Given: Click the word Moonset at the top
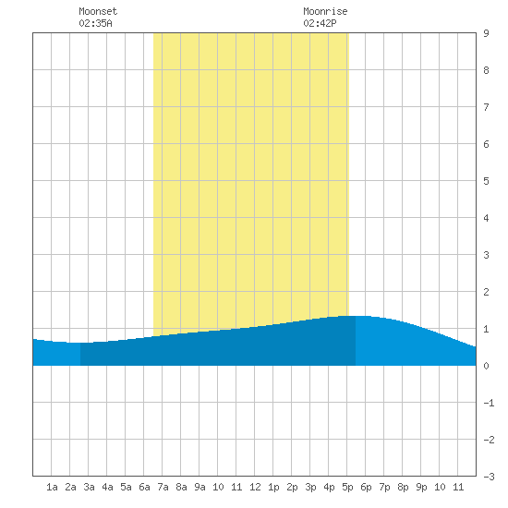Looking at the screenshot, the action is [98, 11].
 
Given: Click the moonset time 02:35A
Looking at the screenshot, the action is [95, 23].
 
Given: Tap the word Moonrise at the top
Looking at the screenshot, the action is [325, 11].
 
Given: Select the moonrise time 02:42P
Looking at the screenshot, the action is [321, 23].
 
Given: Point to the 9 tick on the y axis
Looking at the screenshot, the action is [486, 33].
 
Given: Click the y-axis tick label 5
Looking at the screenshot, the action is [486, 181].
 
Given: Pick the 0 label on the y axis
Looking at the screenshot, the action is [486, 366].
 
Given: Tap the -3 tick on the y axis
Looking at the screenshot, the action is [489, 477].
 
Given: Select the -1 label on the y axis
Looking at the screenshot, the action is [489, 403].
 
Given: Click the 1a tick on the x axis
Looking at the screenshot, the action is [52, 487].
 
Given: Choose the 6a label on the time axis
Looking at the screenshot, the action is [144, 487].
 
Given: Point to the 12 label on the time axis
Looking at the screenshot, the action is [255, 487].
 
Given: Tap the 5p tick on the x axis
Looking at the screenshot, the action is [347, 487].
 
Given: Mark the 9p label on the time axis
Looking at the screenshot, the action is [421, 487].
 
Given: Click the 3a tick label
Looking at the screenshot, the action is [89, 487].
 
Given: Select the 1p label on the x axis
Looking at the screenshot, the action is [273, 487].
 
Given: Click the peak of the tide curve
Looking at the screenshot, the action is [356, 316].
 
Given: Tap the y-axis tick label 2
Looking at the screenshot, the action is [486, 292].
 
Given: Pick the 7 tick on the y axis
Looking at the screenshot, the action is [486, 107].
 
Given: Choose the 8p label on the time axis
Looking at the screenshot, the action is [403, 487].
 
